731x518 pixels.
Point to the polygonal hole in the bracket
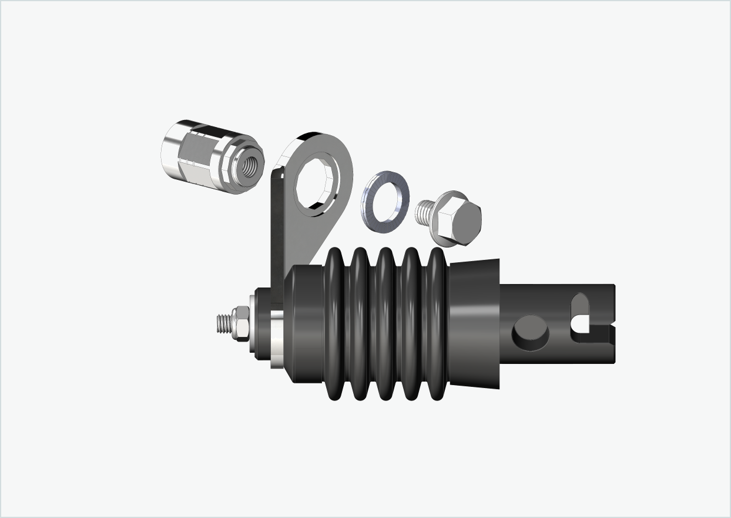tap(317, 180)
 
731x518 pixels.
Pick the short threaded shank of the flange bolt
tap(424, 212)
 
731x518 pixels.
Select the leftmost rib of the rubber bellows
tap(334, 323)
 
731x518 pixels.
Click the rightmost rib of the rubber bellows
tap(438, 323)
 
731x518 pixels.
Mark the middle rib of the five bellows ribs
tap(385, 323)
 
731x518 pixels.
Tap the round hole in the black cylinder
tap(531, 332)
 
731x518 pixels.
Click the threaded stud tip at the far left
tap(223, 323)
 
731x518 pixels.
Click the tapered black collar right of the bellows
tap(474, 323)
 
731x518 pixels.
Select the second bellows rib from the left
tap(360, 323)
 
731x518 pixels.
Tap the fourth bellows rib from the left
tap(411, 323)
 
